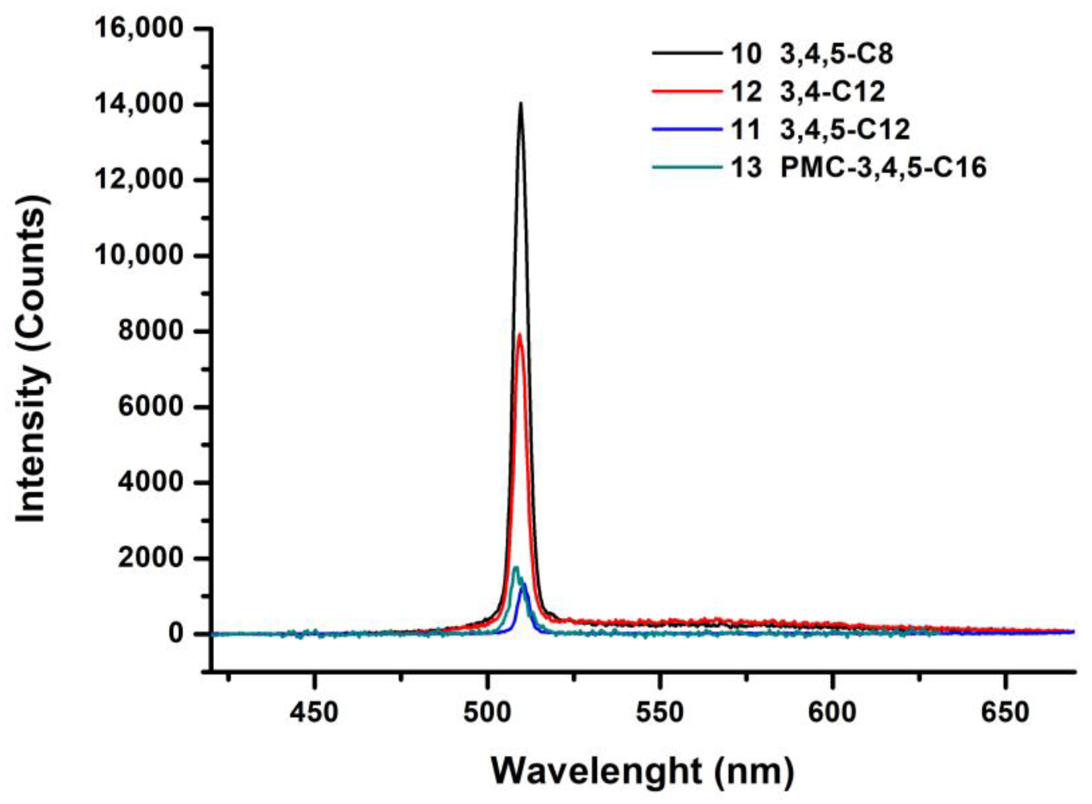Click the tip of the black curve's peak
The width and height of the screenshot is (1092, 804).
coord(520,104)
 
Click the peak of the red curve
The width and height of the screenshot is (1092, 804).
coord(519,334)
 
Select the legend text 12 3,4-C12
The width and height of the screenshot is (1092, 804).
coord(808,92)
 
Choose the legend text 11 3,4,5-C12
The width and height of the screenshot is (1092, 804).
coord(820,130)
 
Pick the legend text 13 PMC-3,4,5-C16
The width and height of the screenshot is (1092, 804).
coord(858,168)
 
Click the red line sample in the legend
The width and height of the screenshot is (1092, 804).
coord(687,92)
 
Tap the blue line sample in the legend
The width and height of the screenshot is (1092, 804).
coord(687,130)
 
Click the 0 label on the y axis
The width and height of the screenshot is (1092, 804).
coord(178,634)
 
